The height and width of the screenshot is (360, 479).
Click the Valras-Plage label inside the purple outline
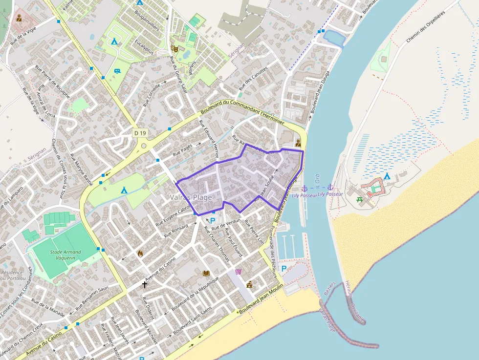191,197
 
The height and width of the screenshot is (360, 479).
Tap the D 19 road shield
140,133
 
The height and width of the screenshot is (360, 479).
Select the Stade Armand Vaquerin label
65,255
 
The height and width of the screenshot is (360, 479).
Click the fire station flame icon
140,254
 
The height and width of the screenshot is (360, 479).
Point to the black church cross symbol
145,284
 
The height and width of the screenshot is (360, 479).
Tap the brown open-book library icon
206,273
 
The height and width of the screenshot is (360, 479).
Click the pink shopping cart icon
238,272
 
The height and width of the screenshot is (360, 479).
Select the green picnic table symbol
360,199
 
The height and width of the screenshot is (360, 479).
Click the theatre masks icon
174,48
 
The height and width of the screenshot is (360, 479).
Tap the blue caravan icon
117,71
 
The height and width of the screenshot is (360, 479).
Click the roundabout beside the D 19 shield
144,145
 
